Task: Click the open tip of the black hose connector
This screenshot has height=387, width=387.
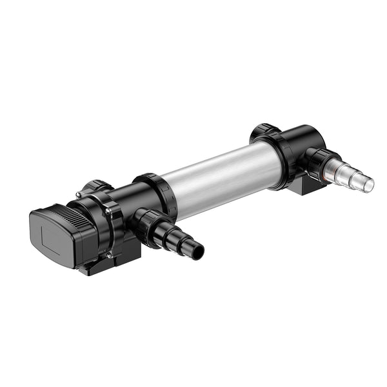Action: coord(197,250)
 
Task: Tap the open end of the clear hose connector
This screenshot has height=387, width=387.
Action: coord(368,184)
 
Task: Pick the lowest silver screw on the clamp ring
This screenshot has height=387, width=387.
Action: coord(109,254)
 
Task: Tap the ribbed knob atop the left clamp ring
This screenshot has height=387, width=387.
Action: coord(97,186)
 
